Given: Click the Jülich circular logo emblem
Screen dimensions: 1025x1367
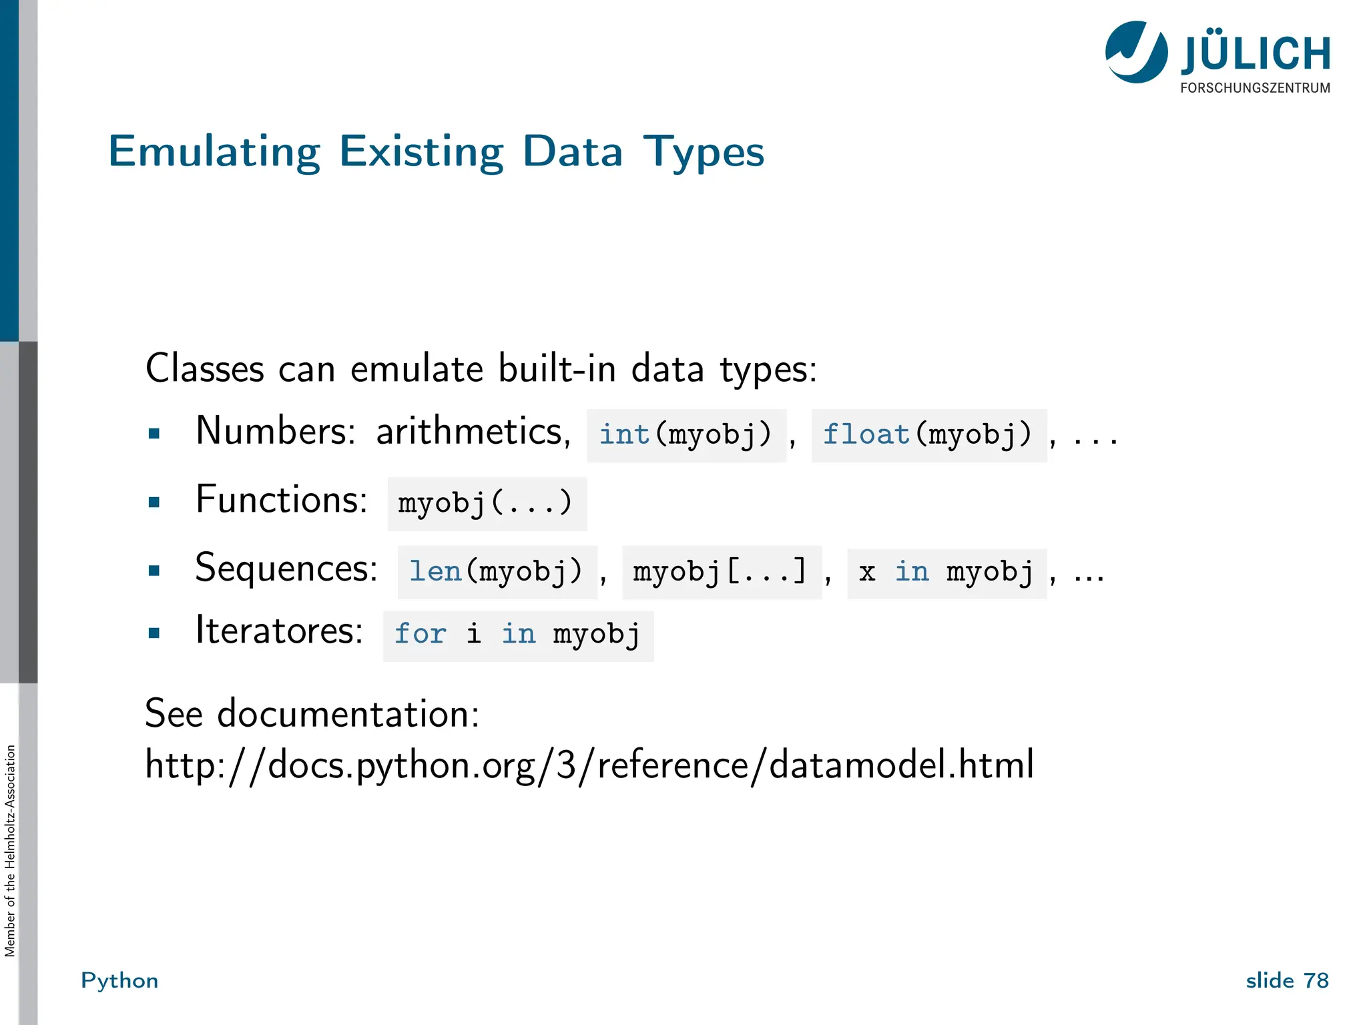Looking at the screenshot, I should tap(1136, 52).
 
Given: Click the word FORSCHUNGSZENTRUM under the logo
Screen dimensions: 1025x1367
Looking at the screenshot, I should tap(1254, 88).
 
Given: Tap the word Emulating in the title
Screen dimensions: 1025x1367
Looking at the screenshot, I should tap(214, 152).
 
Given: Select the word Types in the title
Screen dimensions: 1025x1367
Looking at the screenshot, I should tap(704, 152).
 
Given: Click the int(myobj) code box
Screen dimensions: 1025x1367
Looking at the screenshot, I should tap(686, 436).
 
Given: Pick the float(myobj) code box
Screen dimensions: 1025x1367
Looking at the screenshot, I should tap(928, 436).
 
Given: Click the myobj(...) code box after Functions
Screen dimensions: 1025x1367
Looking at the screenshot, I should tap(487, 504).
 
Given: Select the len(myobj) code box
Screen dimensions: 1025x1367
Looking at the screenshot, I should tap(497, 573).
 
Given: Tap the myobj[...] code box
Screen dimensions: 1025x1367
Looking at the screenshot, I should tap(721, 573).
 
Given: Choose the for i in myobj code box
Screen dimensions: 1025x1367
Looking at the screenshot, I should tap(517, 635).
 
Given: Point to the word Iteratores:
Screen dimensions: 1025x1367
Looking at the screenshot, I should tap(279, 630).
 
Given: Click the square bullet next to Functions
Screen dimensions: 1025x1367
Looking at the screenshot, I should tap(154, 502).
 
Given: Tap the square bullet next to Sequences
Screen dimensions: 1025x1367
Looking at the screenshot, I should tap(154, 571).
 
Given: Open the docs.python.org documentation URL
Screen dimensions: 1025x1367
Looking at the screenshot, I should tap(589, 765).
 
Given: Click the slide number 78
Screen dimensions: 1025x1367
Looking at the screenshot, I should tap(1316, 980).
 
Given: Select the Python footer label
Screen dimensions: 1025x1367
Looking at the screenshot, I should tap(119, 980).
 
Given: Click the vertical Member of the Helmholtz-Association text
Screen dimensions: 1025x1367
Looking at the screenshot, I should tap(10, 850).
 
